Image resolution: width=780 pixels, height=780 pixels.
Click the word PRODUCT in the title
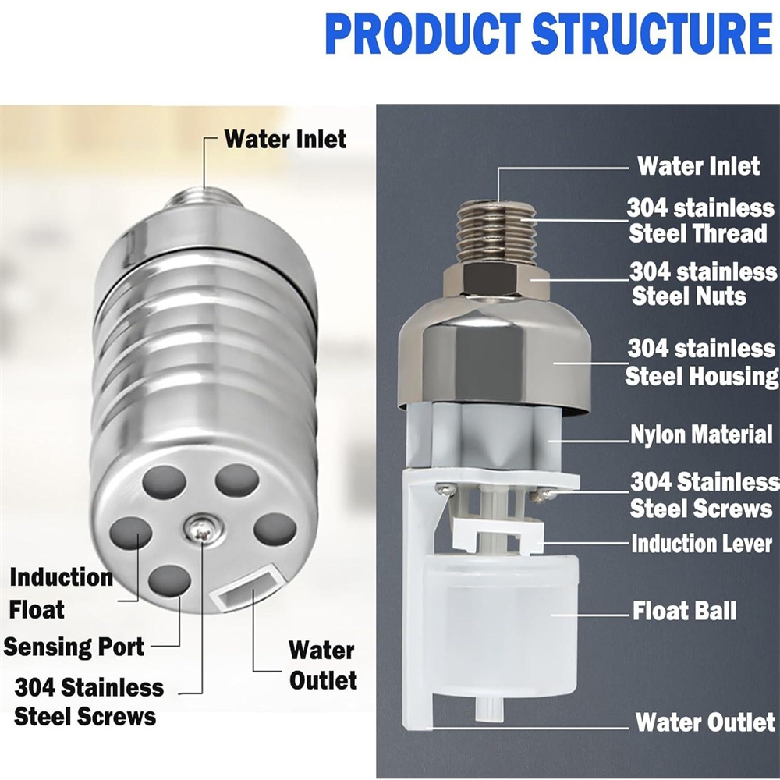(423, 34)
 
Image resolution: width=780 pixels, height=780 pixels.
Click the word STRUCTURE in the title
(652, 34)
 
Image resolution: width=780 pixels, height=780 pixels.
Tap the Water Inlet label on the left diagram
(285, 139)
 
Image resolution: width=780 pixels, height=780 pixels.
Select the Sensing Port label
(73, 647)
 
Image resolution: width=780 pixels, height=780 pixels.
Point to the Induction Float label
(61, 594)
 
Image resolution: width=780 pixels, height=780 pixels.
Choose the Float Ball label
(684, 611)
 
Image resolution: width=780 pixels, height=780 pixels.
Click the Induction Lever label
(701, 543)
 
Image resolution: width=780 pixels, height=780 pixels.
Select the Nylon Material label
(701, 434)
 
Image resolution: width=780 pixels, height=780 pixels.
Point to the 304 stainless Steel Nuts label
(703, 284)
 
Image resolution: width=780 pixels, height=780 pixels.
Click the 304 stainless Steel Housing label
(701, 362)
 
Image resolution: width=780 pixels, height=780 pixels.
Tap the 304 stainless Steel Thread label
(700, 220)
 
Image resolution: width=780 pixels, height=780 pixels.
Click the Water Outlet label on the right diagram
(705, 722)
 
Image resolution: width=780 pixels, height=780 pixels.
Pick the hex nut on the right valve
(496, 282)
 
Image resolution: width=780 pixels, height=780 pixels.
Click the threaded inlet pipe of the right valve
(497, 232)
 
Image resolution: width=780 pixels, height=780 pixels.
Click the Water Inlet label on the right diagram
(698, 165)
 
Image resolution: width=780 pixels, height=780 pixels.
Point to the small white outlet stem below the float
(490, 708)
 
